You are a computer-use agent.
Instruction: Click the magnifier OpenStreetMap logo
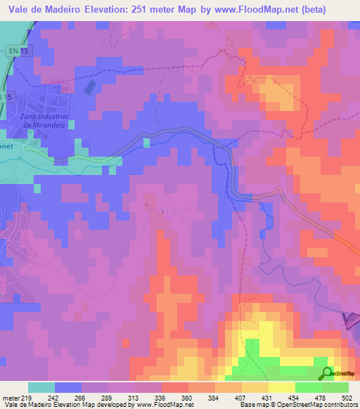pyautogui.click(x=328, y=373)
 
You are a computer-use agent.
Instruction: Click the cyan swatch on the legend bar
pyautogui.click(x=41, y=387)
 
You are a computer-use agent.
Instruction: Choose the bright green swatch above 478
pyautogui.click(x=309, y=387)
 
